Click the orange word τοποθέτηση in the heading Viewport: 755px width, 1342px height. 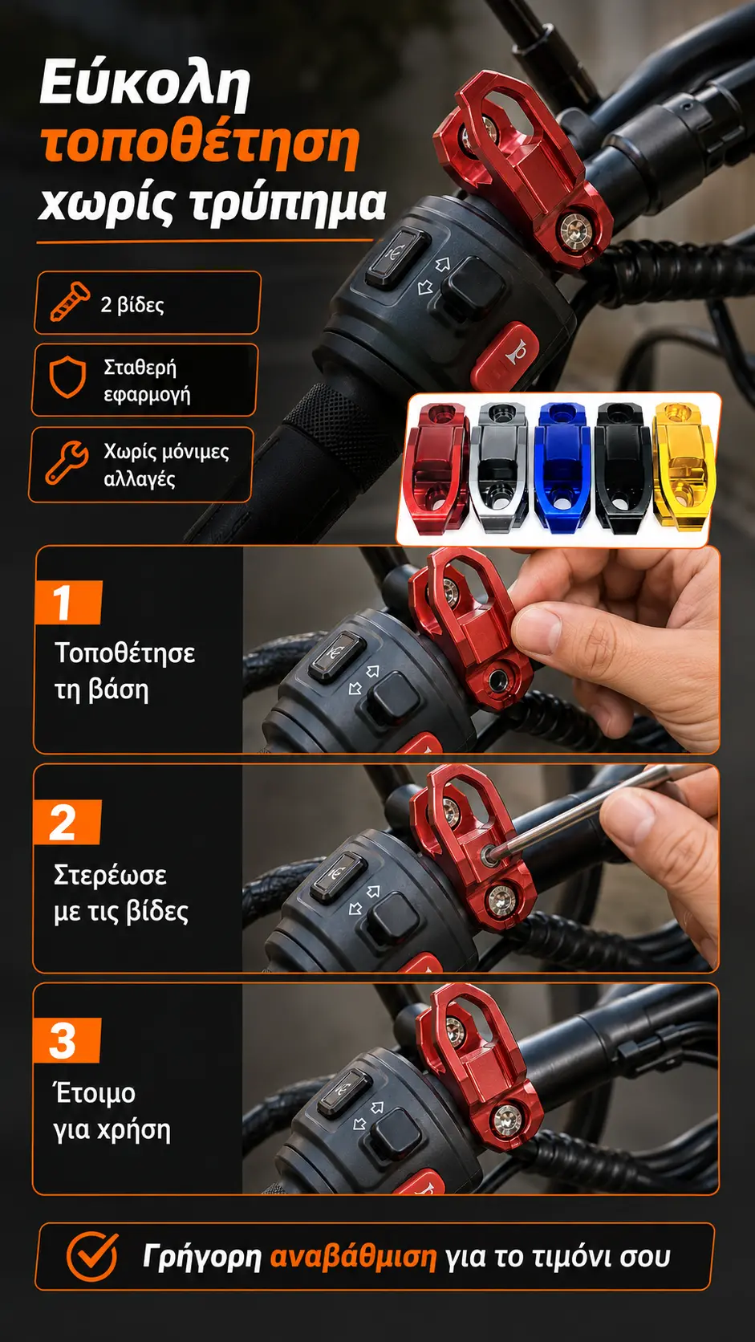[199, 146]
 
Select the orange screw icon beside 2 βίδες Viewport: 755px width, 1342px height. [70, 301]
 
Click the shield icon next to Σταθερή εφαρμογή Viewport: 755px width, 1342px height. [67, 377]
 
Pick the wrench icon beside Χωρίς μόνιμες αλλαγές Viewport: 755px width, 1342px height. [67, 462]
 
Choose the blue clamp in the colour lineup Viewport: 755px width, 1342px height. [562, 466]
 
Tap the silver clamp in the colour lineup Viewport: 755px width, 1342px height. [501, 466]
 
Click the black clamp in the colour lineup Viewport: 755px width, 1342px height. [623, 466]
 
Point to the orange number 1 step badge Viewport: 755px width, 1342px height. [67, 602]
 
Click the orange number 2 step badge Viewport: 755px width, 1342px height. [67, 822]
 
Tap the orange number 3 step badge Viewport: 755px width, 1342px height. [67, 1040]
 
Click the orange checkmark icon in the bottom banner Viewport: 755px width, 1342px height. [91, 1256]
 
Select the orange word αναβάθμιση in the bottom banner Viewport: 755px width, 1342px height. [353, 1256]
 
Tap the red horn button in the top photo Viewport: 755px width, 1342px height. [505, 356]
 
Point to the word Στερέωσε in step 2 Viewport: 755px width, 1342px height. [110, 876]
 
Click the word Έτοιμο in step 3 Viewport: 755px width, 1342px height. [95, 1092]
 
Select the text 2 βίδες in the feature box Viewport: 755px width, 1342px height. [132, 305]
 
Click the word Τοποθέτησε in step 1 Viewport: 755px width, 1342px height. [125, 653]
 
